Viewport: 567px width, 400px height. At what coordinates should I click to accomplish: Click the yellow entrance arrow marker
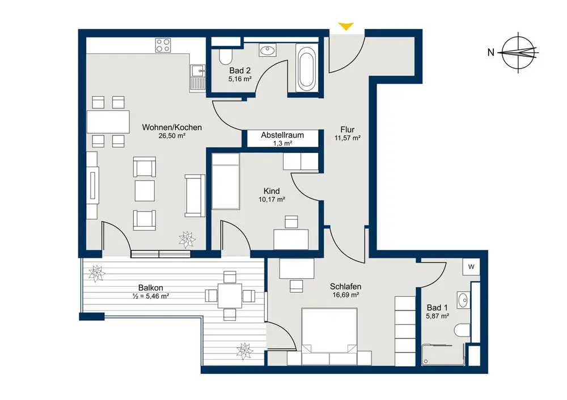tap(346, 26)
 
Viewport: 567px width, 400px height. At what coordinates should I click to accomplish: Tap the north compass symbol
tap(519, 53)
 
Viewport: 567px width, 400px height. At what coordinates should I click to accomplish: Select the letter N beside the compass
tap(490, 53)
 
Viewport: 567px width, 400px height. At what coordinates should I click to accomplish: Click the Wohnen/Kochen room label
tap(172, 127)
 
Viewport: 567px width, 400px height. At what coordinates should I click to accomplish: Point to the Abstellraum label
tap(282, 135)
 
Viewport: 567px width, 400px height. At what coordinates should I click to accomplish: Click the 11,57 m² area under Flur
tap(348, 138)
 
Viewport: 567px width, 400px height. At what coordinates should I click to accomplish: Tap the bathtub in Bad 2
tap(306, 67)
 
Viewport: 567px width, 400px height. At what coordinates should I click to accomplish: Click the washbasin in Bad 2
tap(267, 50)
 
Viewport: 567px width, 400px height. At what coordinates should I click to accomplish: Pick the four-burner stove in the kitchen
tap(163, 45)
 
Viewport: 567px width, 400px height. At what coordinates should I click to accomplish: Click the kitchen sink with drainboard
tap(197, 78)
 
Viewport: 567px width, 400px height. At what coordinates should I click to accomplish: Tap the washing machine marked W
tap(471, 267)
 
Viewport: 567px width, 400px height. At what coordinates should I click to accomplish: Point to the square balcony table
tap(230, 296)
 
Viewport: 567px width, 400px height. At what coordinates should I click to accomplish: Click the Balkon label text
tap(151, 288)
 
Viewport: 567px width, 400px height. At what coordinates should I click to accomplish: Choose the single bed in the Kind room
tap(226, 182)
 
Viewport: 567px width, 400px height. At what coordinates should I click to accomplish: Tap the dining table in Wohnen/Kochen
tap(108, 122)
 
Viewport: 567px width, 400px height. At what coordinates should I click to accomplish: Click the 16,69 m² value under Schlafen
tap(346, 295)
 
